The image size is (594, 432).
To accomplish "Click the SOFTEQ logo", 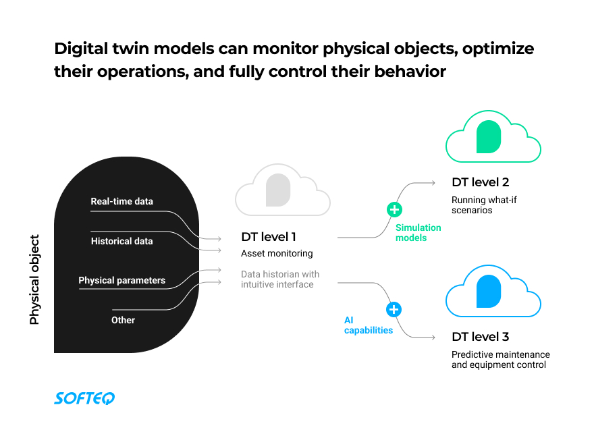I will [84, 398].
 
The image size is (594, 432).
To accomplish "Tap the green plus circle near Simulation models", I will [394, 209].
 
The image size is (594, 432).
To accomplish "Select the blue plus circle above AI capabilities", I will [394, 310].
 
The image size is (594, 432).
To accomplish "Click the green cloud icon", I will [493, 137].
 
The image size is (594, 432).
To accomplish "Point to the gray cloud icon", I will [283, 190].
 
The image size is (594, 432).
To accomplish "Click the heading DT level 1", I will [269, 237].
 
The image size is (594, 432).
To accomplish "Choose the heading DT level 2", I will [480, 182].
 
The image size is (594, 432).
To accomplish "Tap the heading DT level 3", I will [480, 337].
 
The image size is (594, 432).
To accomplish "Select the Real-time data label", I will [122, 201].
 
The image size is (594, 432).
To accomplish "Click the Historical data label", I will [122, 241].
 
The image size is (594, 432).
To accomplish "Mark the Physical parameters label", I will [122, 280].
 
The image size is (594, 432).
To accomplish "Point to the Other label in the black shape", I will [124, 320].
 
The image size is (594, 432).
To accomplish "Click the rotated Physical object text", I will [35, 279].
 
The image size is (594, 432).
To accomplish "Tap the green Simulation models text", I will [418, 233].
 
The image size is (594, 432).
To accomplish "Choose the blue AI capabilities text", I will [369, 325].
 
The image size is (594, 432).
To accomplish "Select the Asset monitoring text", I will [277, 254].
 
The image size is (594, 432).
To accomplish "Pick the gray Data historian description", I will [280, 279].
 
